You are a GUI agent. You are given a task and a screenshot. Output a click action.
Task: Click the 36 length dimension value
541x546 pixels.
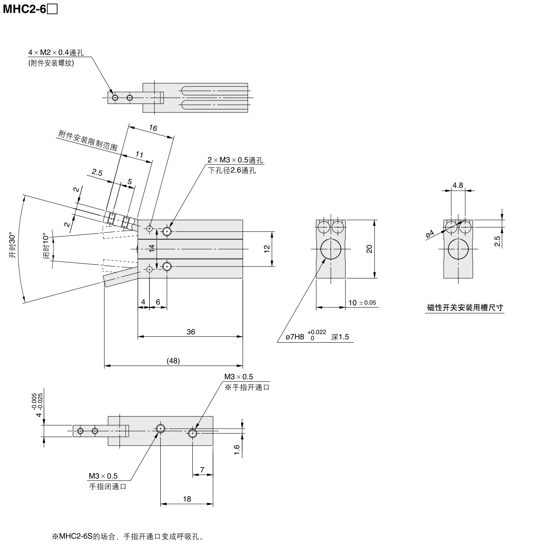pos(191,332)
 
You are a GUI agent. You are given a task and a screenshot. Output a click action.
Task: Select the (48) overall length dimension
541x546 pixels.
pos(173,361)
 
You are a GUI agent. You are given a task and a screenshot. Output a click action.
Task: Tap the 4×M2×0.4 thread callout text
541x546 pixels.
pos(56,53)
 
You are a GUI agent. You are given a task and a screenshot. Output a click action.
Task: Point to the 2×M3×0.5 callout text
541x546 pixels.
pos(235,160)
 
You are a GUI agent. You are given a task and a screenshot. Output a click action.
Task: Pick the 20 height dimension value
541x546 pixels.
pos(369,249)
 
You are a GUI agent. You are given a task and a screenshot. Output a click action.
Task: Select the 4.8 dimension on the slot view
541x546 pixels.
pos(458,185)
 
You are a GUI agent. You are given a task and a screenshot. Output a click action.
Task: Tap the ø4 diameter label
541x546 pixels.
pos(430,234)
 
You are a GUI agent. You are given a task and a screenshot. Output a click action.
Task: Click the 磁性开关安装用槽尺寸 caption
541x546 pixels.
pos(465,308)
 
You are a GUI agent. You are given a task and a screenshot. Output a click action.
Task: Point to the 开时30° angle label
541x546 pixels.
pos(13,246)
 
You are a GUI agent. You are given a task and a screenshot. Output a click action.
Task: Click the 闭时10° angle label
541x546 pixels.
pos(46,246)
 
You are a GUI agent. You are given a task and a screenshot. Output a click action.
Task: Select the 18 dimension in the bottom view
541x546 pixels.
pos(187,499)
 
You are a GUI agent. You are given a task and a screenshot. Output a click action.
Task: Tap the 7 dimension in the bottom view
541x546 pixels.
pos(202,470)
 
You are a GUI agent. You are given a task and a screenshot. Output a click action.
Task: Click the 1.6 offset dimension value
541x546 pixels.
pos(237,450)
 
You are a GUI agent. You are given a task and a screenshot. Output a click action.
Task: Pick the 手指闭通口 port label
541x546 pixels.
pos(108,487)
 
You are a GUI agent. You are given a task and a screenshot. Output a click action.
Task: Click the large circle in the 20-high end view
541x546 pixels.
pos(331,249)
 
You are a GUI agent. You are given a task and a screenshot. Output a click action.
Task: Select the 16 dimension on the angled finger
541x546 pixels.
pos(153,128)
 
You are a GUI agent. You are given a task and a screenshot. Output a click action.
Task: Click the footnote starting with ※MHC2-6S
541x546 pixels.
pos(128,537)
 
